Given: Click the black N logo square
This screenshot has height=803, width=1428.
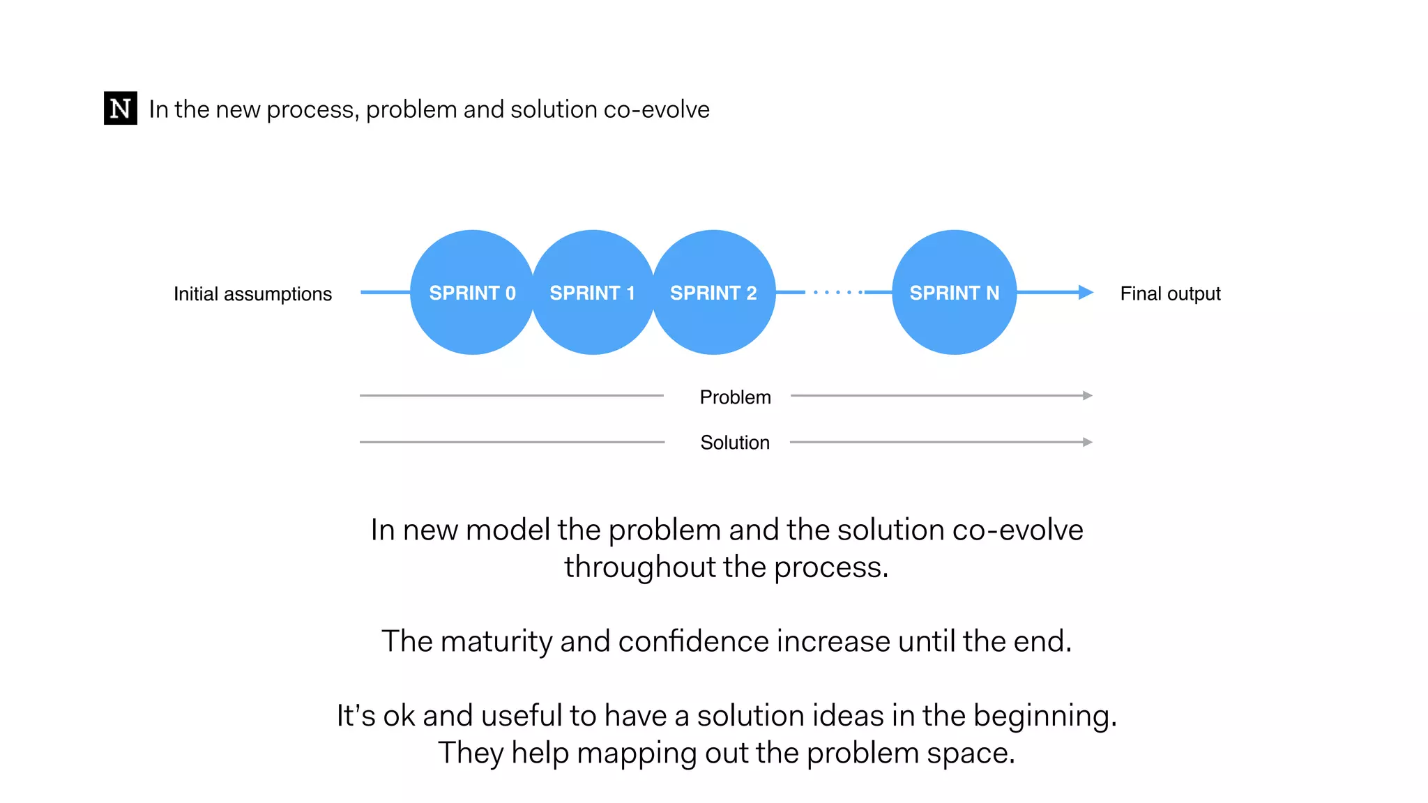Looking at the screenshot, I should click(x=120, y=108).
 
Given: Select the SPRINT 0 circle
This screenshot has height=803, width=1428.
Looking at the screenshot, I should click(x=472, y=293).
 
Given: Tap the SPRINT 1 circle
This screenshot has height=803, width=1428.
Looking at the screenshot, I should click(x=593, y=293).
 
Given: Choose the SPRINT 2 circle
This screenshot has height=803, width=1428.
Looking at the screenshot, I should click(x=713, y=293).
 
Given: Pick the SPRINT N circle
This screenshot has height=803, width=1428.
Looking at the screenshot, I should click(x=954, y=293).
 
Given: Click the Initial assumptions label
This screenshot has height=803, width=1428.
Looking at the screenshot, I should click(x=252, y=294).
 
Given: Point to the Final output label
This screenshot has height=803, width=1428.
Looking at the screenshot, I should click(x=1170, y=293).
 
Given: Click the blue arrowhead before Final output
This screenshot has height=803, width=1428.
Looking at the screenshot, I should click(x=1085, y=292).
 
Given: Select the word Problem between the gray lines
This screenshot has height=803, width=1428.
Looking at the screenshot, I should click(x=735, y=397).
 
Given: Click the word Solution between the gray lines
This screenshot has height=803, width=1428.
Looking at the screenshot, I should click(x=735, y=443).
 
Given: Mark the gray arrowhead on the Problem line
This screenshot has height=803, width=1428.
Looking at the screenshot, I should click(x=1087, y=395).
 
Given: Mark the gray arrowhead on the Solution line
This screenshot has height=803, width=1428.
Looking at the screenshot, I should click(x=1087, y=442).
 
